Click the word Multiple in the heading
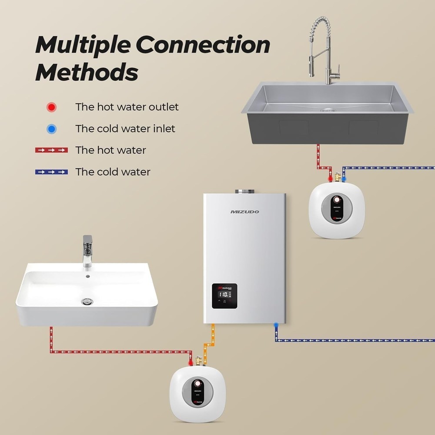[83, 45]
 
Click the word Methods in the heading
[87, 72]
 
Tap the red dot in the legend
[52, 107]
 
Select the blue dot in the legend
[52, 129]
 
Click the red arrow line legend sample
[51, 150]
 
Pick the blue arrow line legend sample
[51, 172]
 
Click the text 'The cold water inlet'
[125, 129]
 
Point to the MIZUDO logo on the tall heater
[244, 212]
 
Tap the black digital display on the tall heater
[224, 296]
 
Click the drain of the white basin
[87, 301]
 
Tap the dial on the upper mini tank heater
[336, 201]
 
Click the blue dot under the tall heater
[276, 325]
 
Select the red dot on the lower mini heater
[191, 362]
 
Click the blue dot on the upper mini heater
[344, 178]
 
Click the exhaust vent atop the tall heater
[242, 191]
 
